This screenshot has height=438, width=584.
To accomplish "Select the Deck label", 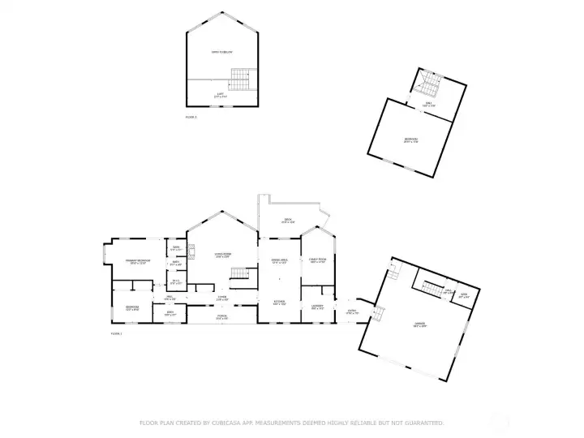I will click(x=288, y=221).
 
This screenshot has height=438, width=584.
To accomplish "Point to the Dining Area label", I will click(x=280, y=261).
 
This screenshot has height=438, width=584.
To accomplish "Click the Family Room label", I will click(x=317, y=261).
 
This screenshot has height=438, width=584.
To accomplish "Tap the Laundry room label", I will click(x=317, y=307).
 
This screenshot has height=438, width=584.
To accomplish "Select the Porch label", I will click(x=221, y=317).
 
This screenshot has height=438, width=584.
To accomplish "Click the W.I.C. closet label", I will click(x=176, y=282).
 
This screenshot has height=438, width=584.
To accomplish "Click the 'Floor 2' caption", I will click(x=191, y=117).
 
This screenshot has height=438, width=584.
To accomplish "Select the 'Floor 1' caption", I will click(x=116, y=333).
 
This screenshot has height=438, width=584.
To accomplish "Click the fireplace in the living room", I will click(x=192, y=251).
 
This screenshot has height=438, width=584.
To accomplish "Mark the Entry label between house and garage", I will click(x=351, y=311).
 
